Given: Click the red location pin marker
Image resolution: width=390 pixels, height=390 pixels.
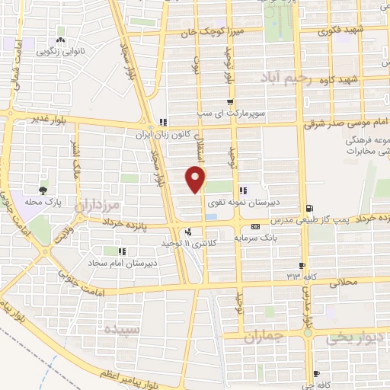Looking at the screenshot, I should [197, 179].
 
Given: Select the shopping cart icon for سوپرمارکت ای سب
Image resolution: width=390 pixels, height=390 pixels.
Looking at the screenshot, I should [230, 103].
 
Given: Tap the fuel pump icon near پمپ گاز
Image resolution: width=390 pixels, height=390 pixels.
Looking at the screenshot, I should [308, 208].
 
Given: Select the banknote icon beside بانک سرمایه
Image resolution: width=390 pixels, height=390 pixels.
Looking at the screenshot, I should [255, 226].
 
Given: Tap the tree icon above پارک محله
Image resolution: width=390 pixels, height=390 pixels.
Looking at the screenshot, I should [43, 190].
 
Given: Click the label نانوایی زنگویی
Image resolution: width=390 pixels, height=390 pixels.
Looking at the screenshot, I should [59, 53].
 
